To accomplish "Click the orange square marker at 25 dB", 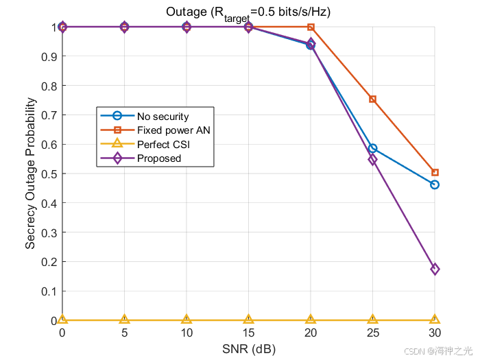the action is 372,99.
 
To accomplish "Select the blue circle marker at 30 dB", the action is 434,185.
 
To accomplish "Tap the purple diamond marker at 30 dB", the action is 435,269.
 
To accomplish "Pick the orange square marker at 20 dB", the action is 311,27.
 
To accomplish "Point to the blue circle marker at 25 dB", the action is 372,149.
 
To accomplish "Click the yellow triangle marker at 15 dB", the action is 248,320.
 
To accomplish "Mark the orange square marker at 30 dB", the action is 435,173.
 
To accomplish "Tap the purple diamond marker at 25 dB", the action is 372,160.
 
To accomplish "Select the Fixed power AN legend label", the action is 173,130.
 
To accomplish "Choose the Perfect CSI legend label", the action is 163,145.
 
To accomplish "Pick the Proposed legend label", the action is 159,158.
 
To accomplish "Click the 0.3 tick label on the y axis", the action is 49,233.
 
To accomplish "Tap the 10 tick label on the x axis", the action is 187,333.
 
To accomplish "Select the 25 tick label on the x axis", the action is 373,333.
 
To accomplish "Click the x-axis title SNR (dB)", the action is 249,349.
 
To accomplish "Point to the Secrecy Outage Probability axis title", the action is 30,173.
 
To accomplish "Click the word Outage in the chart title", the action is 187,12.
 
